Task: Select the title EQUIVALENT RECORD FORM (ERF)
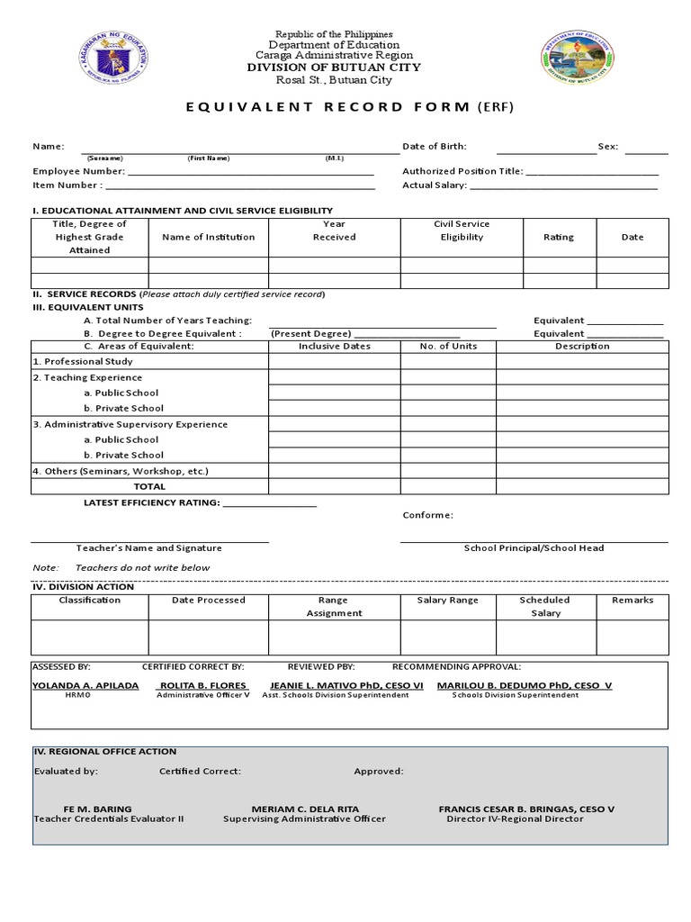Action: (x=345, y=107)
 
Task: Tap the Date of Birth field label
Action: (x=434, y=146)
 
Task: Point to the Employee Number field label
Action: (x=79, y=171)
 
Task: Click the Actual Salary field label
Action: (x=434, y=185)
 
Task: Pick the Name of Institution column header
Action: (x=208, y=237)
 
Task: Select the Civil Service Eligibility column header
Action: (x=462, y=230)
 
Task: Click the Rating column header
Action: (x=558, y=237)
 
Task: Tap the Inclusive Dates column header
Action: (x=334, y=346)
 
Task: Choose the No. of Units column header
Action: (x=448, y=346)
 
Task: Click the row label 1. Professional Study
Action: (x=83, y=361)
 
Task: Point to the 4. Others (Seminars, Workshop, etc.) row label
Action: (x=121, y=471)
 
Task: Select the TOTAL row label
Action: (x=149, y=486)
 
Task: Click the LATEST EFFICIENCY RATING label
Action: (x=151, y=502)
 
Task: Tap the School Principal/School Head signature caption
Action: (x=534, y=547)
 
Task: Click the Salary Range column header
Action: (x=448, y=600)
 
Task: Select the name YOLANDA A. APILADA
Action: (x=85, y=685)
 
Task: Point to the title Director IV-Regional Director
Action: (x=515, y=819)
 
